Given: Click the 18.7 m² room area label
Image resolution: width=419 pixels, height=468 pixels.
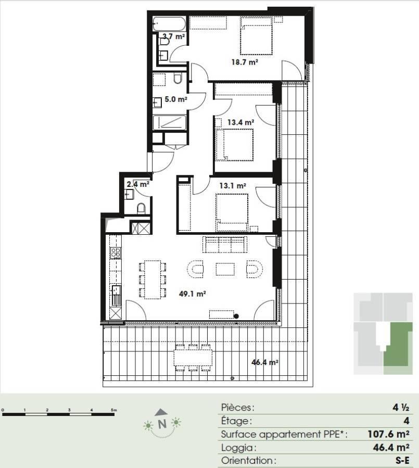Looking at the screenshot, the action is (245, 62).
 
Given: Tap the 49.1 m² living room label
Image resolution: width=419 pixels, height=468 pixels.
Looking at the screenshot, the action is (193, 294).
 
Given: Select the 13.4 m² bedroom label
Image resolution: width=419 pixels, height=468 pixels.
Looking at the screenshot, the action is (240, 122).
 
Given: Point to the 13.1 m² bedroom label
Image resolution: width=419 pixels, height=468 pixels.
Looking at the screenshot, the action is (233, 186).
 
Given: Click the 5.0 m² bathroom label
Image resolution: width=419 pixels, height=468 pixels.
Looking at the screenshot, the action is (176, 99).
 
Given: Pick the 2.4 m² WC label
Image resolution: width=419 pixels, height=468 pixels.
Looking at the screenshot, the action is (138, 184).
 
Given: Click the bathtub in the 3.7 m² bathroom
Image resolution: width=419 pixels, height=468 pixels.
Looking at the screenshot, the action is (169, 24).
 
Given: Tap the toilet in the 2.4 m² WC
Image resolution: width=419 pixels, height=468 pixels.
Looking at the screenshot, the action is (141, 208).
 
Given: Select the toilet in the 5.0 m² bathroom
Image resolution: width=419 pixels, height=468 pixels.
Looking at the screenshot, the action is (177, 78).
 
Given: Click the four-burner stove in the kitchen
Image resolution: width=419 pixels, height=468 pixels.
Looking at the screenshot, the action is (116, 252).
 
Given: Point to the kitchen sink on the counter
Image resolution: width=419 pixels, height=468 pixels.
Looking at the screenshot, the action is (116, 290).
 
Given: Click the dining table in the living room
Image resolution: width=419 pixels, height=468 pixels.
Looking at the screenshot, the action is (153, 280).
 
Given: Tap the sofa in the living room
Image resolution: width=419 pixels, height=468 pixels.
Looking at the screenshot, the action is (225, 245).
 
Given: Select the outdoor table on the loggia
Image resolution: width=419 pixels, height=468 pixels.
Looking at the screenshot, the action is (193, 358).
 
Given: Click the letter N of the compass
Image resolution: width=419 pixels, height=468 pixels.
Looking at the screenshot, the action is (162, 424).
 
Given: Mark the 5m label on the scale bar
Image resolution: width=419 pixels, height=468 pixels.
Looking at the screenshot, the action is (113, 410).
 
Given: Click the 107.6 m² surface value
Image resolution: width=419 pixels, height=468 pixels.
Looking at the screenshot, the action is (388, 434).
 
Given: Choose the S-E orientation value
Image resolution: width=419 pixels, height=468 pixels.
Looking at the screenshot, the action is (402, 460).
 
